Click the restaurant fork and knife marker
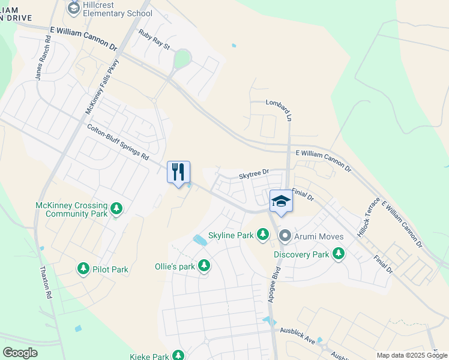(x=178, y=172)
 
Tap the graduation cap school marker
(x=280, y=201)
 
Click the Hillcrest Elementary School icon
(x=74, y=7)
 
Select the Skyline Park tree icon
(x=262, y=235)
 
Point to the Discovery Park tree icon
(x=339, y=254)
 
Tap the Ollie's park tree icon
(x=204, y=265)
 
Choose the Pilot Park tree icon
(x=83, y=269)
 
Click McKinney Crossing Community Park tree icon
(x=116, y=209)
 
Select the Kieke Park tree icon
(x=178, y=356)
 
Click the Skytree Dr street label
(x=253, y=175)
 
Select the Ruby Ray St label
(x=155, y=40)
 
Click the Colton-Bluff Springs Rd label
(x=118, y=142)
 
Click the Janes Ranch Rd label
(x=43, y=59)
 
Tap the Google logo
(x=20, y=353)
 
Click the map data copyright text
(x=411, y=355)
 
